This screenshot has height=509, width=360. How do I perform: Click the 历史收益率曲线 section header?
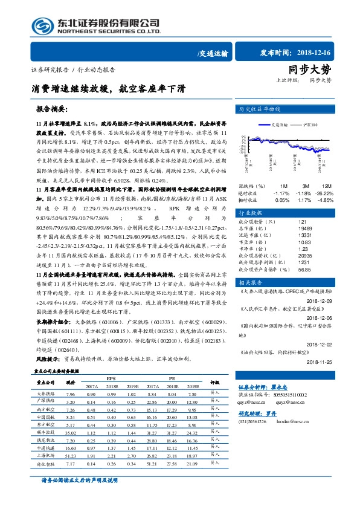pos(261,110)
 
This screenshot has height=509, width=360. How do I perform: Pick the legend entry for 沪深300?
pos(311,124)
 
